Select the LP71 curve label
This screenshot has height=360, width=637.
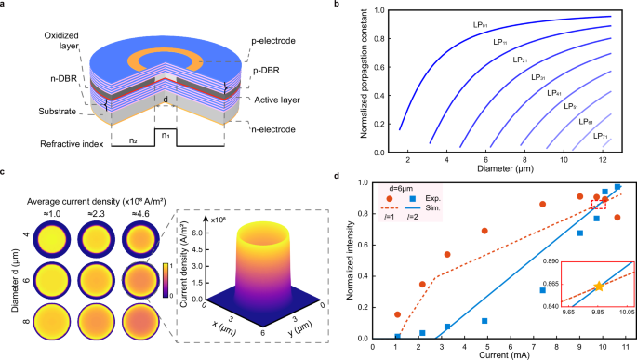coord(603,136)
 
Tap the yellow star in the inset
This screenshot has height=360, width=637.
coord(597,287)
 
